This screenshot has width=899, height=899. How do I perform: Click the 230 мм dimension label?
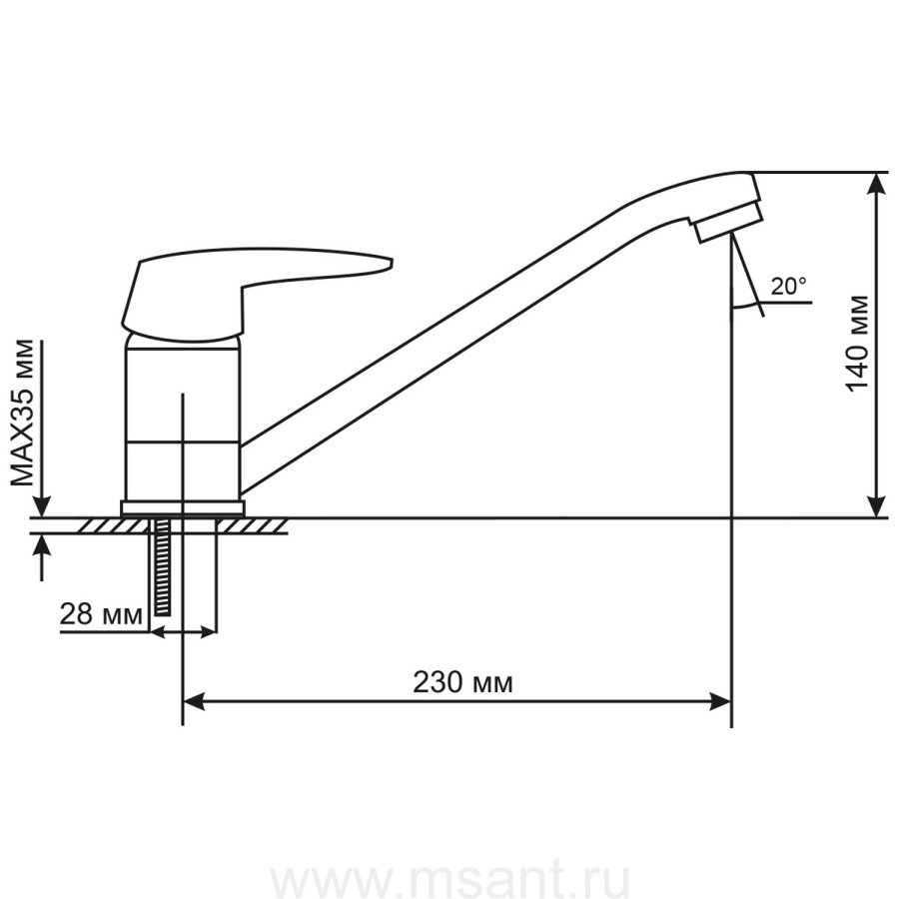462,683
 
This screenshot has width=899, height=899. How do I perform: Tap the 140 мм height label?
858,344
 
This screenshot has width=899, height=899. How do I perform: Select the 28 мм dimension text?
101,614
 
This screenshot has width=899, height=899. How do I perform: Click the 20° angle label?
789,286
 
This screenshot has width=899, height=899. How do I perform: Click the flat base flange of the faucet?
183,508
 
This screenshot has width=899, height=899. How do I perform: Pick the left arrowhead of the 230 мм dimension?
193,701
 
